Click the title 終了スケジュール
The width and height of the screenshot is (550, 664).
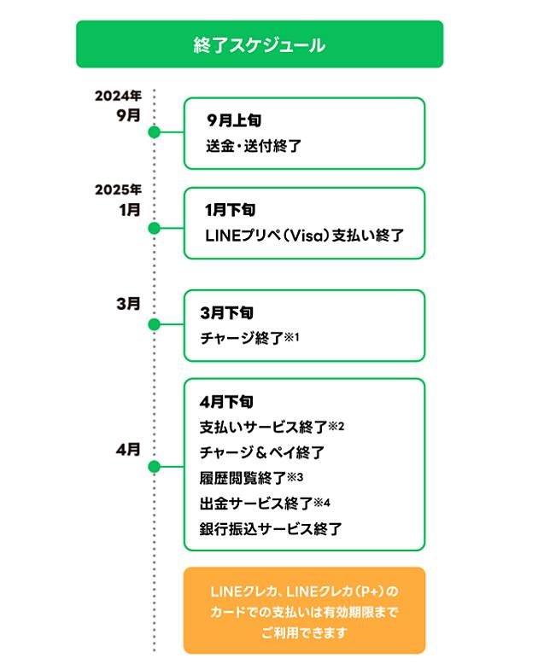(259, 44)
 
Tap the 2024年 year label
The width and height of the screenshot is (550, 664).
(118, 96)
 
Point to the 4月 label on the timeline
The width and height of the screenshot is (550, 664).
(128, 449)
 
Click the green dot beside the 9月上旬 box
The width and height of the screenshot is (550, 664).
(155, 132)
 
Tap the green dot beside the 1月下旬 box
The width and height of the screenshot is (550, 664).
(155, 228)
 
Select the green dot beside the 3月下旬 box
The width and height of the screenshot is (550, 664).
(155, 324)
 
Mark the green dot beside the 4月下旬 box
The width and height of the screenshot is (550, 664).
(155, 467)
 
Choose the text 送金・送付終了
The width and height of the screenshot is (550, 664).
(254, 145)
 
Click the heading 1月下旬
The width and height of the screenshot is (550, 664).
(230, 209)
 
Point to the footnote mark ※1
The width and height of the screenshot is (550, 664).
(292, 336)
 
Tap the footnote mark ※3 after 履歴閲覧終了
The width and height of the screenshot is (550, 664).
(296, 476)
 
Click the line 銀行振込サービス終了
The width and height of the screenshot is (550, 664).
(270, 529)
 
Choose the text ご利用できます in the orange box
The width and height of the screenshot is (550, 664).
(303, 634)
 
